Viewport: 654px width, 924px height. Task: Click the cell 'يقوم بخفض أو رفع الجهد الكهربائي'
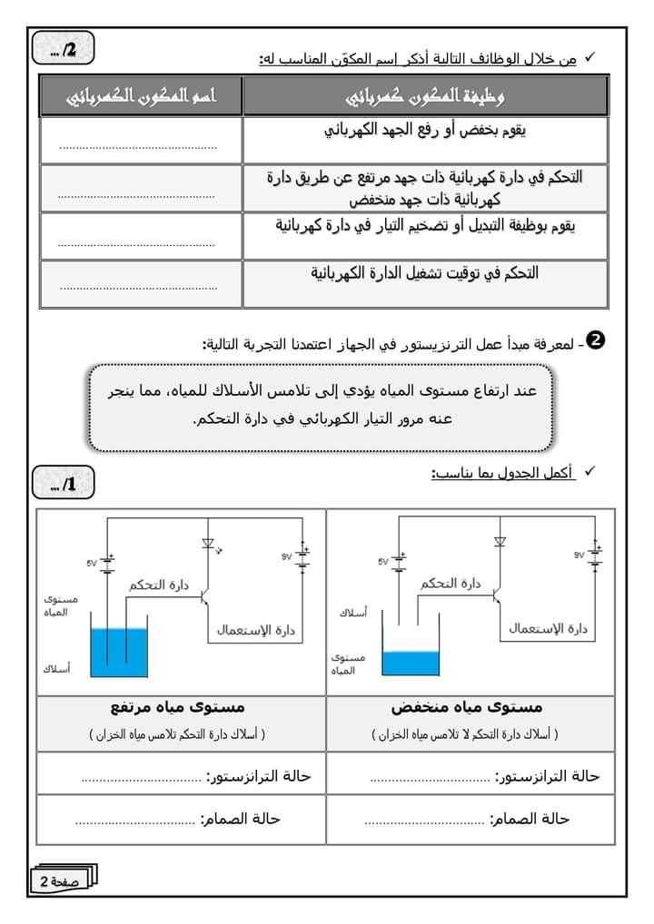[x=426, y=131]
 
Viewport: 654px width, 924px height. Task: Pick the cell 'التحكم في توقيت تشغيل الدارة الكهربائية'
[x=425, y=272]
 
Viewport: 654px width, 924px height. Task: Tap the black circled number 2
[x=597, y=340]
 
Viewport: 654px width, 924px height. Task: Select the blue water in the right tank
[x=411, y=662]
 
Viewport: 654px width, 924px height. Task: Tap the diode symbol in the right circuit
[x=499, y=542]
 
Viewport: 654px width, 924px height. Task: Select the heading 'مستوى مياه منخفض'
[x=467, y=706]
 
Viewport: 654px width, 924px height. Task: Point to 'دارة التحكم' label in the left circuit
[x=158, y=585]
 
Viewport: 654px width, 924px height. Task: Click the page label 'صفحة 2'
[x=59, y=880]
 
